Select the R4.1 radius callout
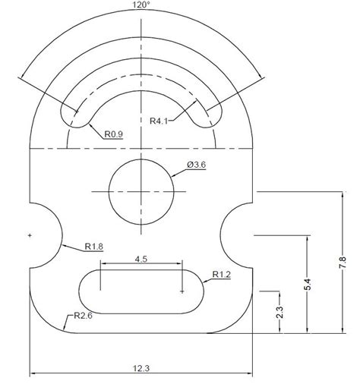160,120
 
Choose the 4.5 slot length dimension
141,259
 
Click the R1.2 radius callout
223,274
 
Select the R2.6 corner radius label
84,316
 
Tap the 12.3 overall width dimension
142,368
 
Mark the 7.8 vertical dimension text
343,262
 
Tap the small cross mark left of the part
29,236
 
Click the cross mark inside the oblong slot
182,290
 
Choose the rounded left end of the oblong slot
87,290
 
